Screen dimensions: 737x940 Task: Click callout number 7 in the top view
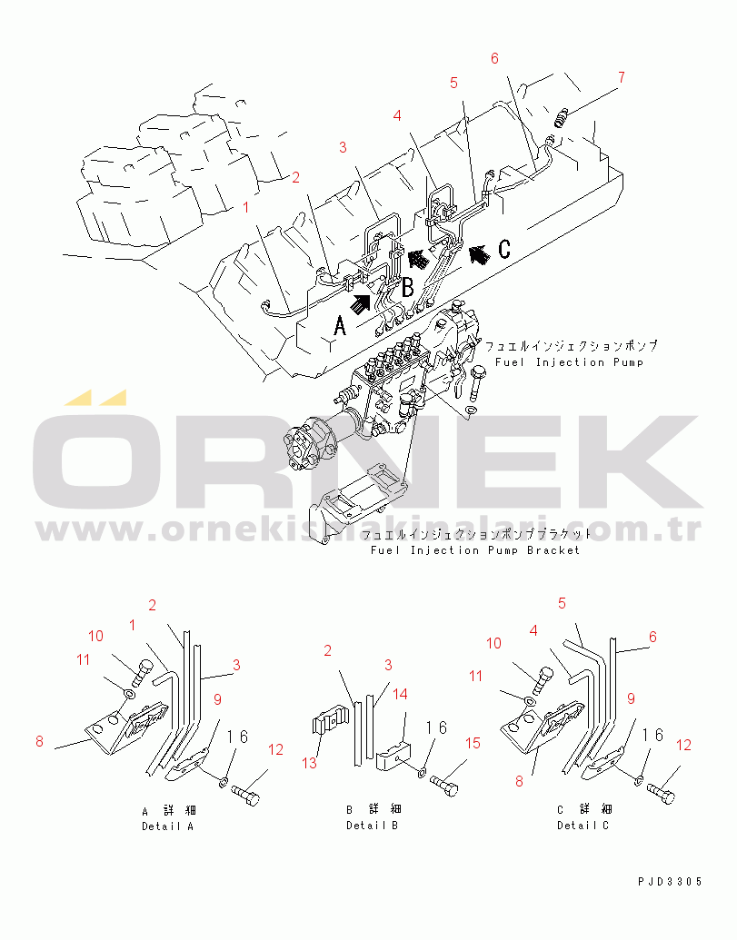tap(621, 77)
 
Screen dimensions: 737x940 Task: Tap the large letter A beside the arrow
tap(340, 326)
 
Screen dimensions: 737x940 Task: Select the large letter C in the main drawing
tap(504, 249)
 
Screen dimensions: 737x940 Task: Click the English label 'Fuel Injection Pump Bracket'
tap(475, 549)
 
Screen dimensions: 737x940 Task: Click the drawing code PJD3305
tap(671, 881)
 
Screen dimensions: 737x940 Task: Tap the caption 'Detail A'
tap(167, 826)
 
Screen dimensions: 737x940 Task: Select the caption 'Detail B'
tap(372, 826)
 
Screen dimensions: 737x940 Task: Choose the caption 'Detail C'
tap(583, 826)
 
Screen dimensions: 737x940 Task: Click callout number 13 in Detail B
tap(310, 762)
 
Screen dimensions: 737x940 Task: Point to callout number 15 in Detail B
tap(473, 743)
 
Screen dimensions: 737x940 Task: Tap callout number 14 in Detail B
tap(400, 694)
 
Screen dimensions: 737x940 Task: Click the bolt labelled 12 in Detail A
tap(246, 797)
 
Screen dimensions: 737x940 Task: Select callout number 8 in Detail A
tap(39, 741)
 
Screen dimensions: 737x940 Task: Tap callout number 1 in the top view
tap(245, 207)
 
